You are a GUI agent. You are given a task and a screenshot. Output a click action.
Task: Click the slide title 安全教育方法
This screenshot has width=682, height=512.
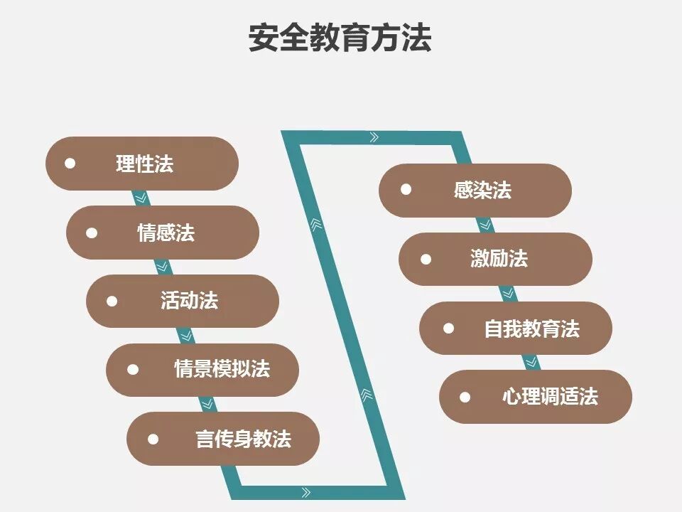click(x=340, y=38)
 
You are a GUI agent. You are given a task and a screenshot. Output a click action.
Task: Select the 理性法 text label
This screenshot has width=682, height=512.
click(x=145, y=164)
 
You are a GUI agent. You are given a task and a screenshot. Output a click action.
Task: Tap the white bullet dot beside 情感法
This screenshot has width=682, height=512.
click(x=92, y=233)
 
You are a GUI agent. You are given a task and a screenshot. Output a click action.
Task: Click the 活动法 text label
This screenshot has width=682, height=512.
click(x=189, y=301)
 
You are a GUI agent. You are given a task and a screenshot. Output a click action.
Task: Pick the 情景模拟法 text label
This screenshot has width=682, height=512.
click(x=222, y=369)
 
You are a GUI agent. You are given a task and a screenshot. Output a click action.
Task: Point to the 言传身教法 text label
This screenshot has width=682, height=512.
click(x=243, y=438)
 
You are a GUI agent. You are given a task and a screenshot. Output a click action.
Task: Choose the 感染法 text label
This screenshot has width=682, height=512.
click(x=482, y=190)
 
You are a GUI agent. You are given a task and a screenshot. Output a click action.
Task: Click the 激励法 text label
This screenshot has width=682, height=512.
click(x=499, y=259)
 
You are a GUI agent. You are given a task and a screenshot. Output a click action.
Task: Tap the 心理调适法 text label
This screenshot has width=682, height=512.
click(x=550, y=396)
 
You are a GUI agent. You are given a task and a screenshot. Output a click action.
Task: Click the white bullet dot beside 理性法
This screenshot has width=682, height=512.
click(x=70, y=164)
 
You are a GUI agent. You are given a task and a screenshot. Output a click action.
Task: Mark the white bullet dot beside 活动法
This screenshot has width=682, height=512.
click(x=112, y=301)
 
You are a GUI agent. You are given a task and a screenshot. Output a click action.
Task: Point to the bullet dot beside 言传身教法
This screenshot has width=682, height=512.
click(x=153, y=438)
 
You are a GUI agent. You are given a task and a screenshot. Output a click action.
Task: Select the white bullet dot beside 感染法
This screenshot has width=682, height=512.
click(x=406, y=190)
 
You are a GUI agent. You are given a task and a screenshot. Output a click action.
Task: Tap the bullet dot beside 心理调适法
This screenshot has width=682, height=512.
click(x=465, y=396)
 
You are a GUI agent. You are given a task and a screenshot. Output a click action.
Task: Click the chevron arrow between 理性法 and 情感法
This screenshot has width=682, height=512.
click(x=141, y=198)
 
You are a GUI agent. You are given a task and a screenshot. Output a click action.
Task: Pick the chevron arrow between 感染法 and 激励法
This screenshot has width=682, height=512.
click(x=486, y=225)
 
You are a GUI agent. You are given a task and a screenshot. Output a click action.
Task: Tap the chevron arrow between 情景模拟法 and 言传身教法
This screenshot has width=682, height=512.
click(x=207, y=403)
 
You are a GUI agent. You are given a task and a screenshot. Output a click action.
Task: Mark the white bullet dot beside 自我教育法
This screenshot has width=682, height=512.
click(x=448, y=328)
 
